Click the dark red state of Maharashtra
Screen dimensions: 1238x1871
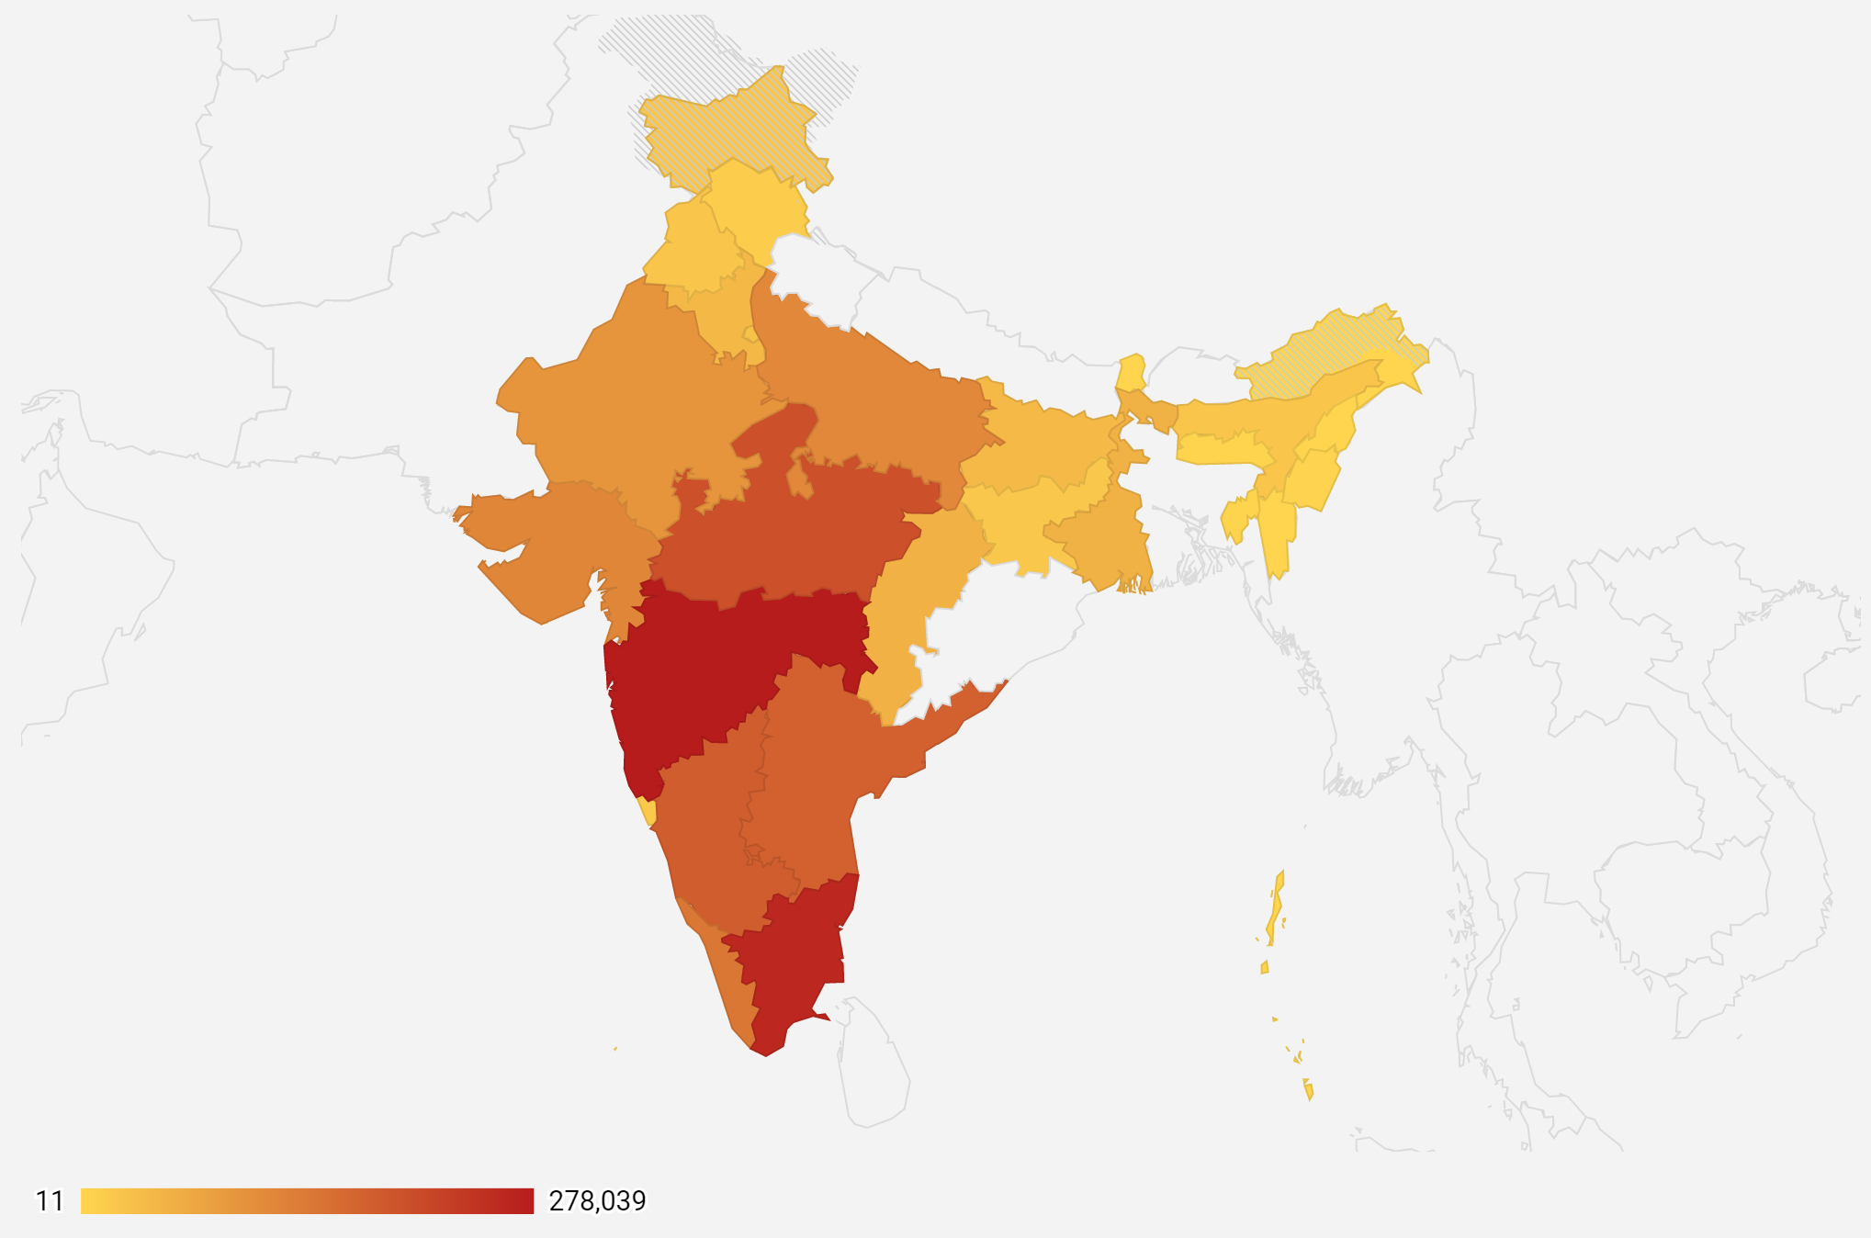[707, 670]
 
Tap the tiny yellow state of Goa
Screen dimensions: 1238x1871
[648, 812]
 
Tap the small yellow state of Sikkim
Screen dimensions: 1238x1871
[1132, 372]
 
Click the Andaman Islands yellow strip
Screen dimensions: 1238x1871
[1275, 909]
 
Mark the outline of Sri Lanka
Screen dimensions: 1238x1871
[873, 1065]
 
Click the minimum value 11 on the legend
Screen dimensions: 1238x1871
[50, 1201]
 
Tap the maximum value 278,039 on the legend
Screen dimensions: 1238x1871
[597, 1201]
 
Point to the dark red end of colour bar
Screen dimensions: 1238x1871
[524, 1201]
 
